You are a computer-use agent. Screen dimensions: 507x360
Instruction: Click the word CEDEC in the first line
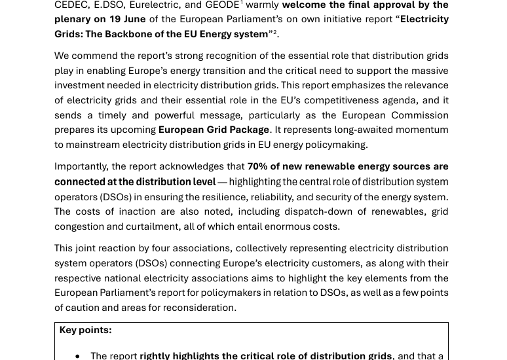coord(71,5)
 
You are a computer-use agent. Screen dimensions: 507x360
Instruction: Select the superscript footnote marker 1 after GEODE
coord(241,3)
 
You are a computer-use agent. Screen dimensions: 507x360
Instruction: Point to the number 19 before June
coord(115,19)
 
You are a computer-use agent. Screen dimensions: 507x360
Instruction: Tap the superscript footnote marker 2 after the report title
coord(274,31)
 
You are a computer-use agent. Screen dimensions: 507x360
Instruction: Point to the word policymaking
coord(335,145)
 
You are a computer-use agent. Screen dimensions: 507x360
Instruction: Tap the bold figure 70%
coord(257,166)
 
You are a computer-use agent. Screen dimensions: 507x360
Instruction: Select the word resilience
coord(211,197)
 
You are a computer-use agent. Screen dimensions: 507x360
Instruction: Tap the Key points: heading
coord(85,330)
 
